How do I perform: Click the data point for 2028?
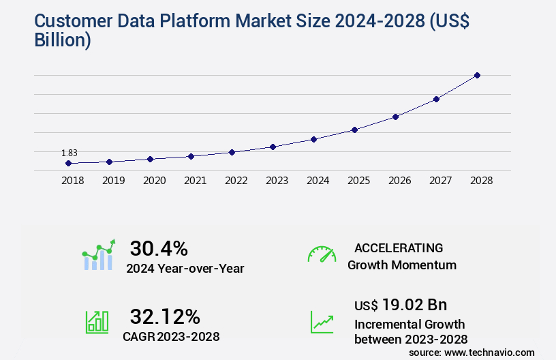477,75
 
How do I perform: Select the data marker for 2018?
68,164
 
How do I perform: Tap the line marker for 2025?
354,130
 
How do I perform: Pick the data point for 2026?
395,117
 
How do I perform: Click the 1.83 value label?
68,153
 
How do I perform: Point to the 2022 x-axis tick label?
236,181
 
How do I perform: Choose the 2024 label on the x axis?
318,181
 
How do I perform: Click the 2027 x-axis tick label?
440,181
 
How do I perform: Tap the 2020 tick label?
154,181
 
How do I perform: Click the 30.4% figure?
158,248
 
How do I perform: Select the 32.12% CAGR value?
165,316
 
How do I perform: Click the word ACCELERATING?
399,248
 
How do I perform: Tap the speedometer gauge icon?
322,254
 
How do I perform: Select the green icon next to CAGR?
97,322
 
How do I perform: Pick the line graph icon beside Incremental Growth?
322,322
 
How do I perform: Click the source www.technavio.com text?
472,352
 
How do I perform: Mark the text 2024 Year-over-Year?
185,269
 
